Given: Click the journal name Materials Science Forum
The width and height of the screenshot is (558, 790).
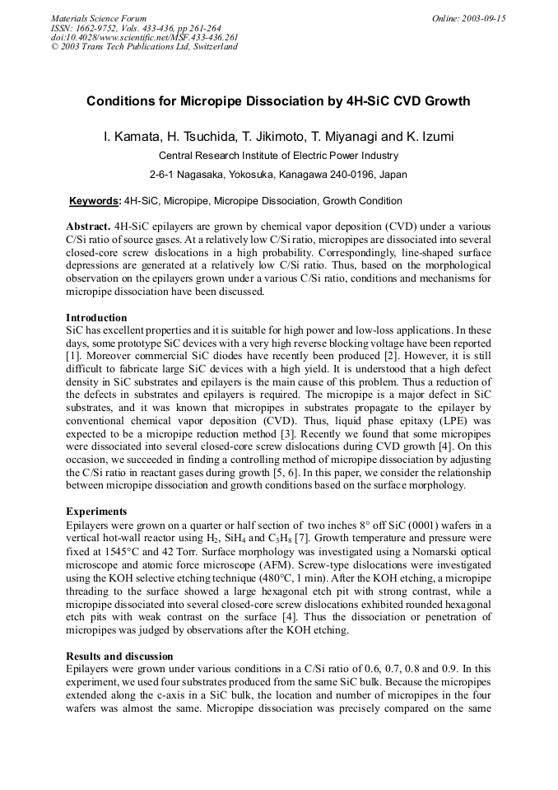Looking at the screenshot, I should click(x=99, y=18).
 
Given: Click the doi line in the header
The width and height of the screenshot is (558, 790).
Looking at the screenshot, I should click(x=144, y=37).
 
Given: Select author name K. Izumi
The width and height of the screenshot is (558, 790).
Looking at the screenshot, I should click(x=427, y=136).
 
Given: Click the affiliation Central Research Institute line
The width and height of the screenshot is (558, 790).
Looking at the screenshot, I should click(x=278, y=155).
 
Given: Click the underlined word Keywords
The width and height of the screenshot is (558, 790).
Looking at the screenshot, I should click(x=95, y=201).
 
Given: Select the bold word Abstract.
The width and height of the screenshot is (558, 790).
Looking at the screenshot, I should click(x=88, y=226).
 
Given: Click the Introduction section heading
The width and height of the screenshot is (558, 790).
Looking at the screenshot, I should click(x=96, y=318).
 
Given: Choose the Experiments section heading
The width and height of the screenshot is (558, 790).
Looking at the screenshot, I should click(x=96, y=511).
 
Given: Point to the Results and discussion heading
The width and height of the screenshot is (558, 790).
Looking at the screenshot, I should click(x=119, y=657).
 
